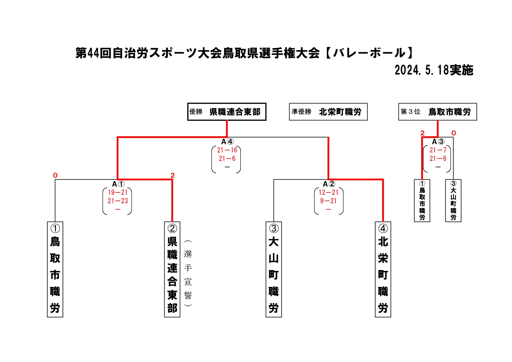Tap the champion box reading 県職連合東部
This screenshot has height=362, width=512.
point(227,112)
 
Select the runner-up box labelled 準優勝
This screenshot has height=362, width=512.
point(328,112)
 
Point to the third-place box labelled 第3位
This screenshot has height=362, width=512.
point(437,112)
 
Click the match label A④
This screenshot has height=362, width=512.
point(227,142)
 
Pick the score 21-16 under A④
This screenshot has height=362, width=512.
point(227,150)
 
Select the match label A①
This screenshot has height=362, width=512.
point(118,184)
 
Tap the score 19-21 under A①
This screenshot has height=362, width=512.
point(118,192)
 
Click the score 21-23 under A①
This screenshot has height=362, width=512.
point(118,201)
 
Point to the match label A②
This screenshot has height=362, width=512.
point(329,184)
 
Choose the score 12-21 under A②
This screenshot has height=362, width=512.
point(328,192)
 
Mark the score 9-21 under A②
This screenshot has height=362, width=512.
point(328,201)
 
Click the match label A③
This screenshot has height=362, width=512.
point(438,142)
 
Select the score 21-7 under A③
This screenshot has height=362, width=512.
point(438,150)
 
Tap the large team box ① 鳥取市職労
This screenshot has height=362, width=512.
point(55,269)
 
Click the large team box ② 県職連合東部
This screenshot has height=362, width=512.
point(172,269)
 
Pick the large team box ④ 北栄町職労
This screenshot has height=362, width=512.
point(383,269)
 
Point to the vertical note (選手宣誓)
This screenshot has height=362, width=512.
point(188,274)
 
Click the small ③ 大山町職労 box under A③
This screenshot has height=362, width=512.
point(453,201)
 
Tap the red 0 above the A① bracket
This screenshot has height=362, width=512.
point(55,175)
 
